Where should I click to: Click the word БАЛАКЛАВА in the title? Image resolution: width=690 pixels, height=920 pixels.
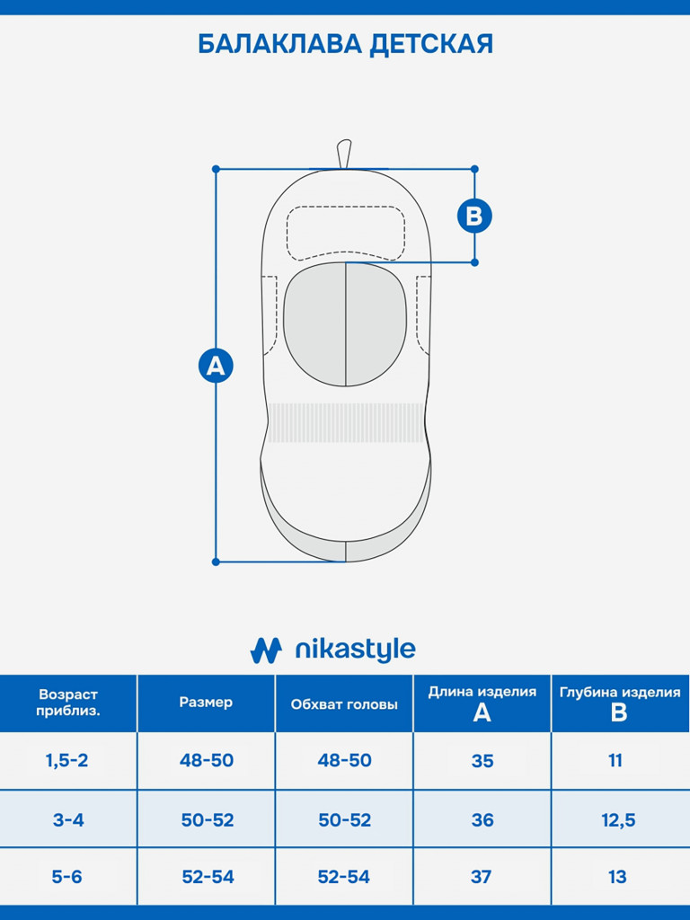coord(280,45)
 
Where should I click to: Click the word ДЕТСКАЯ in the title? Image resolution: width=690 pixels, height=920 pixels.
coord(431,45)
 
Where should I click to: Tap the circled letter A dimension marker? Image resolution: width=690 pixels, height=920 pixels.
coord(216,366)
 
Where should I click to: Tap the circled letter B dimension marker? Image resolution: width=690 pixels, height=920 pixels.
coord(474,216)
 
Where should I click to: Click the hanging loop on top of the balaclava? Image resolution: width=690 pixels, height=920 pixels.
coord(344,154)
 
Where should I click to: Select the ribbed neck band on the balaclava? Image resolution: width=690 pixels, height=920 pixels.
coord(346,422)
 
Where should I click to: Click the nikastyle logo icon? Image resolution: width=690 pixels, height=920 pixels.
coord(266,650)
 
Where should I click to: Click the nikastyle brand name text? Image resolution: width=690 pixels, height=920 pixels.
coord(355,650)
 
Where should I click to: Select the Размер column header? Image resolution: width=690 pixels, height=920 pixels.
coord(206,703)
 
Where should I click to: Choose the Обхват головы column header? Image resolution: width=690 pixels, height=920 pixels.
coord(344,704)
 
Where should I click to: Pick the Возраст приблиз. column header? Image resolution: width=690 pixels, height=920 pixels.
coord(68,703)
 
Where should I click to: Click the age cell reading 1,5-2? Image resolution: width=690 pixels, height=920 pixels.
coord(66,761)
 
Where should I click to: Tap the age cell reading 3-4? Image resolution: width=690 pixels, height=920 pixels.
coord(68,819)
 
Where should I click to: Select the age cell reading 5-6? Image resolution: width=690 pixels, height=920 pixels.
coord(66,877)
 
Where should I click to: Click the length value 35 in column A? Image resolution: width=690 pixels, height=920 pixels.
coord(482,761)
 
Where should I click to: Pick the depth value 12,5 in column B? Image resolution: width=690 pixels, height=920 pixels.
coord(618,820)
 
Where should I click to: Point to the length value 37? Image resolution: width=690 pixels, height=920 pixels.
coord(482,877)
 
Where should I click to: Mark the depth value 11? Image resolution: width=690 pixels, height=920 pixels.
coord(615,761)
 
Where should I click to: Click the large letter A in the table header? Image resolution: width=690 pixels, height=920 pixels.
coord(482,712)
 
